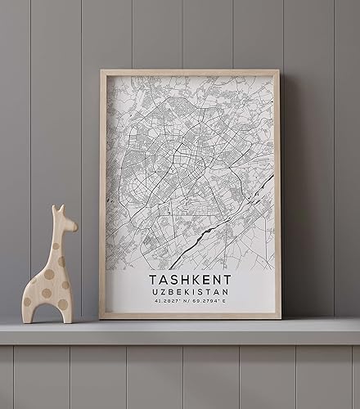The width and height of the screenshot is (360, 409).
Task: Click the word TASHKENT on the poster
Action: [190, 280]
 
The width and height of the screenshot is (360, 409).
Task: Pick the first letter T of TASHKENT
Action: [153, 280]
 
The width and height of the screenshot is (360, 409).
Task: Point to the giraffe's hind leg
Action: [29, 308]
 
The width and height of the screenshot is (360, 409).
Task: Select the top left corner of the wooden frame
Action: [102, 72]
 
